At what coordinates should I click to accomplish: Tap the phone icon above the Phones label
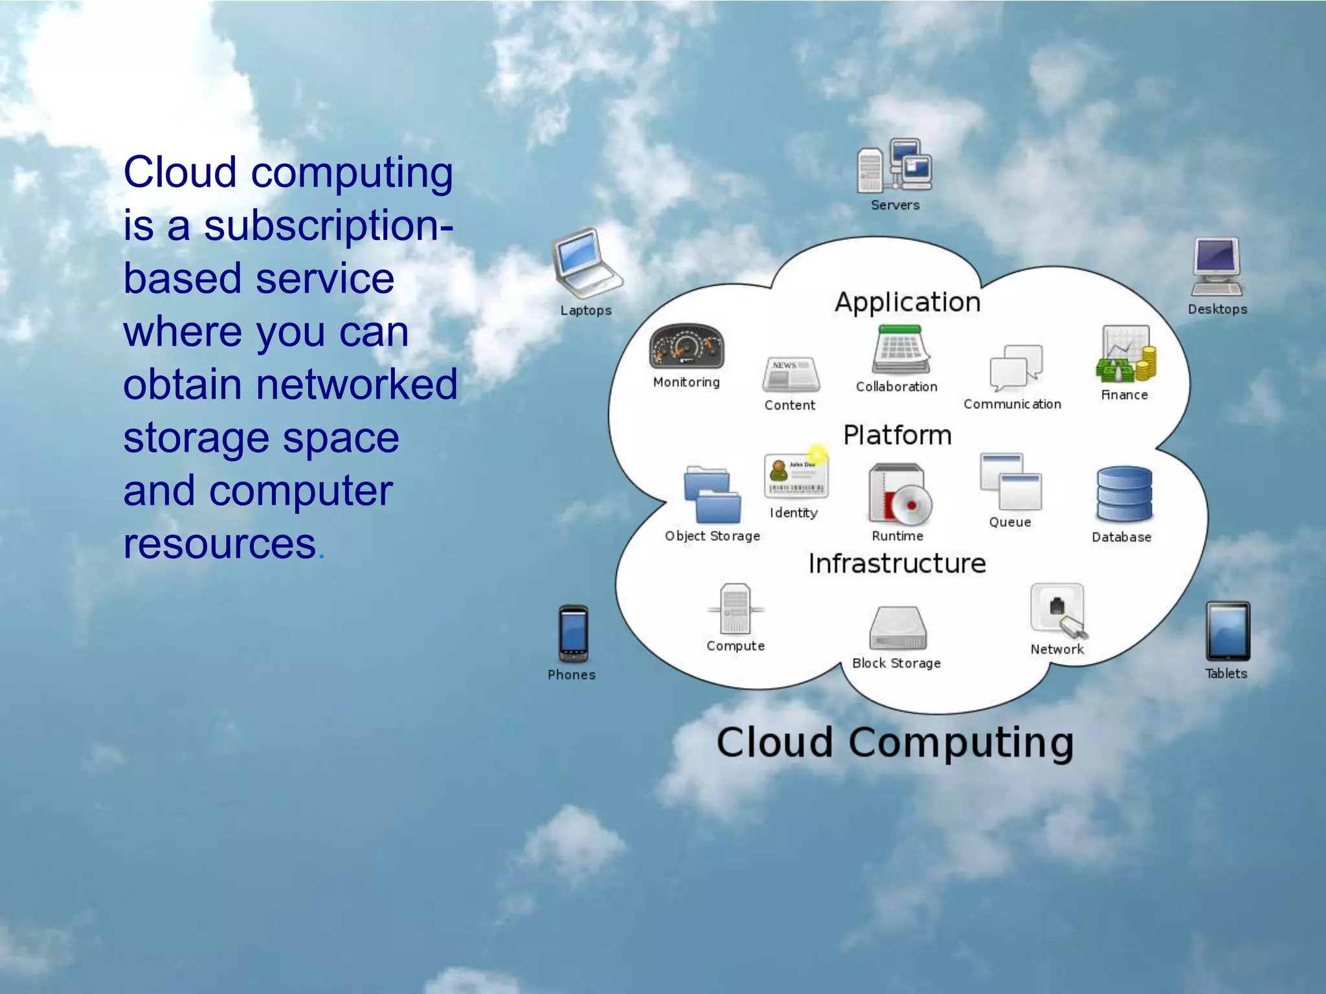click(574, 634)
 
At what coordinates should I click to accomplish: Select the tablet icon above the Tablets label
click(1228, 632)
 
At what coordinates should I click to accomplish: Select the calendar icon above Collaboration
click(901, 350)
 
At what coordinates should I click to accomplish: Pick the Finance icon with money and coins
click(1126, 355)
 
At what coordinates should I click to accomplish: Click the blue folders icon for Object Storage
click(712, 495)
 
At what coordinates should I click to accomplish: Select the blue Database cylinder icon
click(1124, 494)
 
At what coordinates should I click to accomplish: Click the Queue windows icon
click(1011, 482)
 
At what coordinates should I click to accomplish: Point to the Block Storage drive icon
click(898, 628)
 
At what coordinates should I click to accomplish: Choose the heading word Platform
click(897, 436)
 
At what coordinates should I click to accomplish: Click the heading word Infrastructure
click(897, 564)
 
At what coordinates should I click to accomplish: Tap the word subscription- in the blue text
click(328, 226)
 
